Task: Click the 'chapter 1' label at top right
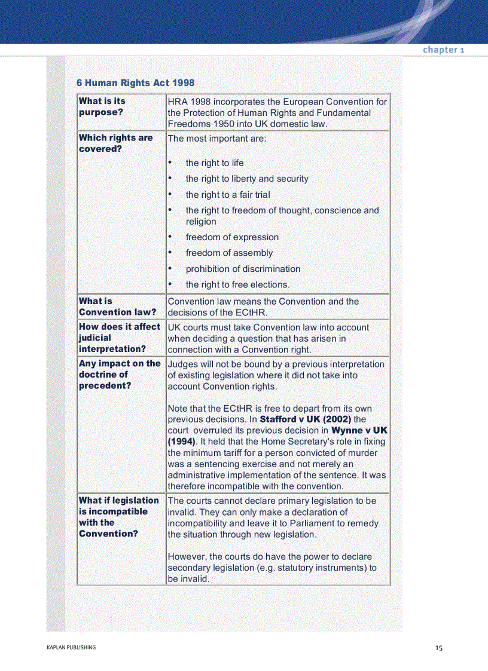[443, 50]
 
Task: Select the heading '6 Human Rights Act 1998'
[135, 83]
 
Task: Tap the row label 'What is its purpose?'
[102, 106]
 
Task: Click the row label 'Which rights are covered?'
[115, 143]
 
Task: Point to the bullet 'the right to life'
[214, 163]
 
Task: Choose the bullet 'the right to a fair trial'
[227, 195]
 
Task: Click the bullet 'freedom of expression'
[232, 237]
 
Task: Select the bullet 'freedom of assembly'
[229, 253]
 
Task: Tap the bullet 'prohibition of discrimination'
[243, 269]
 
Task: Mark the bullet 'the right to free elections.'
[237, 285]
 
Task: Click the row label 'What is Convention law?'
[117, 307]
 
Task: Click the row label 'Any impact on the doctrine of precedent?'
[120, 375]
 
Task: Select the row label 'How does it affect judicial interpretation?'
[120, 338]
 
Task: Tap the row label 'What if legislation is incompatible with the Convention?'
[119, 517]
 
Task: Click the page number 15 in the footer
[439, 648]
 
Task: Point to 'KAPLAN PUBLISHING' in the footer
[71, 648]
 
